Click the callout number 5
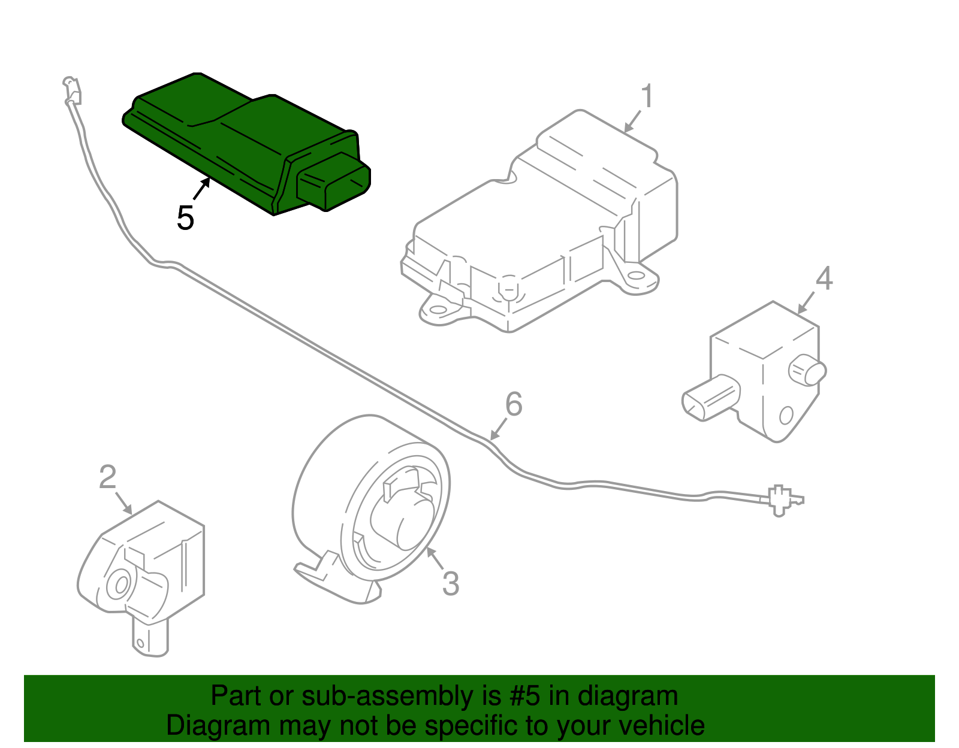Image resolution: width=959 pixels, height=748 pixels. [x=185, y=218]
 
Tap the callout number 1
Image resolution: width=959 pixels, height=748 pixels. [x=646, y=97]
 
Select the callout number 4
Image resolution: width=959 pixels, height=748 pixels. [x=824, y=278]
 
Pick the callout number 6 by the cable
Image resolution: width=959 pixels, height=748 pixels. [x=514, y=404]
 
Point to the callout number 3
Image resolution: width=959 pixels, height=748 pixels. [x=450, y=584]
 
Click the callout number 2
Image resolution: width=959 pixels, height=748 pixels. [x=107, y=477]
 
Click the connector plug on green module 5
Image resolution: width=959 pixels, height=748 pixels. [x=333, y=182]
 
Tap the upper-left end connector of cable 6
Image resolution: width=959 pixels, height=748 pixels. [x=73, y=89]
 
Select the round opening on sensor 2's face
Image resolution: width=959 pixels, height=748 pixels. [x=119, y=585]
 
